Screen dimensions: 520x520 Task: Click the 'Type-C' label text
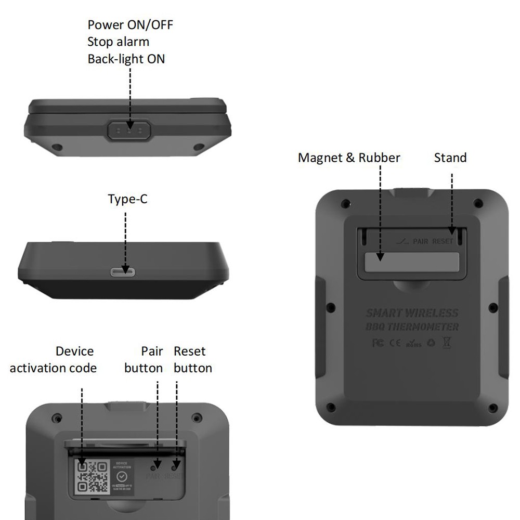pos(127,199)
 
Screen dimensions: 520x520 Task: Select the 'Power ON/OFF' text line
pos(130,24)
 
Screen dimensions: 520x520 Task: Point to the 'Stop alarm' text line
pos(118,42)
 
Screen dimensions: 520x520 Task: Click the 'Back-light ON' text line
pos(126,59)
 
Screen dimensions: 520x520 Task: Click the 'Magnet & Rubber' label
pos(349,158)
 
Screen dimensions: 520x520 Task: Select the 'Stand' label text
pos(450,158)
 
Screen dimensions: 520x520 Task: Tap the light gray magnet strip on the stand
pos(412,262)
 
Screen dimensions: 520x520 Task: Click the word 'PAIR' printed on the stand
pos(420,242)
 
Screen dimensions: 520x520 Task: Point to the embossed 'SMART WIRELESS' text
pos(412,313)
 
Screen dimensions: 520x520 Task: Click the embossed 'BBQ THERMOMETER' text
pos(412,327)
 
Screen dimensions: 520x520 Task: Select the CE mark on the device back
pos(395,343)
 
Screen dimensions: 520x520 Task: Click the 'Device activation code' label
pos(53,359)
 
